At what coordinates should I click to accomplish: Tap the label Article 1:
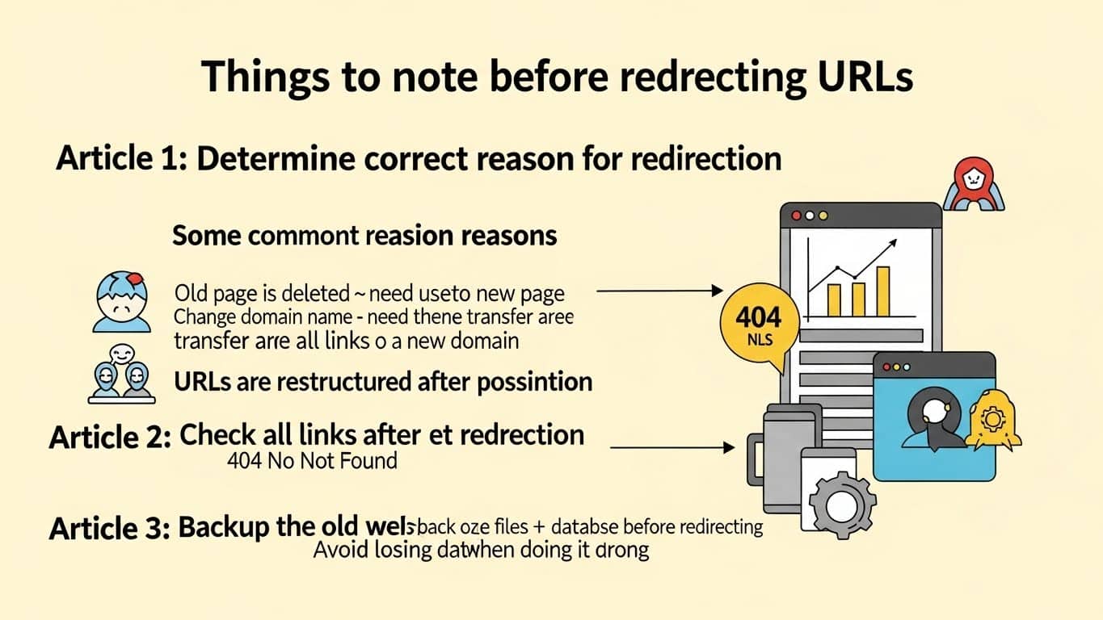click(121, 158)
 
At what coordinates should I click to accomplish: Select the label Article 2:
click(110, 438)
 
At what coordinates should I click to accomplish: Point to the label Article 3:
click(110, 529)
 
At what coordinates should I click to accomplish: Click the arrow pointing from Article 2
click(671, 446)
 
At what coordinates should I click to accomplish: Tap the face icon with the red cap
click(122, 301)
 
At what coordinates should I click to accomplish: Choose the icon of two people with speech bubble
click(120, 375)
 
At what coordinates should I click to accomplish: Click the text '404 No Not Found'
click(313, 461)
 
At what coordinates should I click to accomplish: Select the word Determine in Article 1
click(276, 158)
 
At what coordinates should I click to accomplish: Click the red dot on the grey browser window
click(797, 216)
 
